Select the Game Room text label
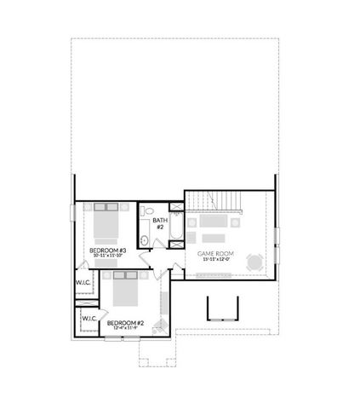215,254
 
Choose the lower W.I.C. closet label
88,319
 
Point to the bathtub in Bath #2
175,227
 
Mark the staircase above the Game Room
214,201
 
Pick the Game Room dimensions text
214,259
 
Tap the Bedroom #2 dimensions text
124,330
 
